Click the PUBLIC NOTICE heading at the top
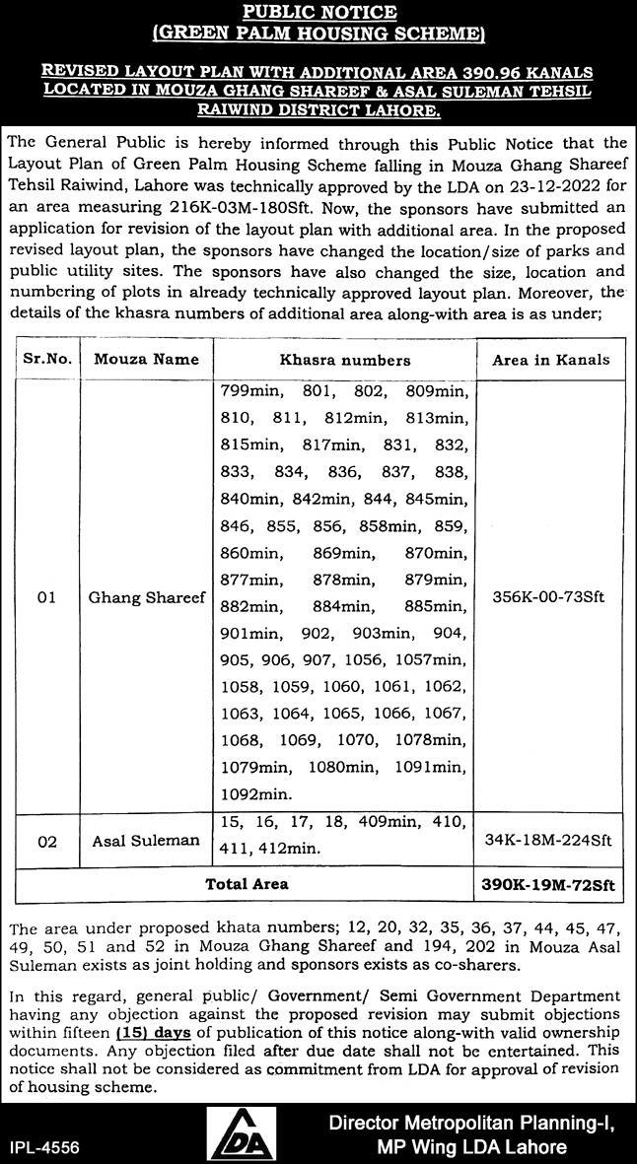coord(318,13)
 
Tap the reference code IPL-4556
coord(44,1147)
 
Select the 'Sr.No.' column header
coord(47,360)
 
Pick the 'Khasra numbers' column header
coord(344,360)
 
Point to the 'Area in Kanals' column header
coord(550,360)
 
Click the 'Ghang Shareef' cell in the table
coord(146,597)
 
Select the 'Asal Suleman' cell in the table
coord(145,841)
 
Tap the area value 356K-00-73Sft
coord(550,597)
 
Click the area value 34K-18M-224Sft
coord(550,841)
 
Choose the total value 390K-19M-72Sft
coord(550,884)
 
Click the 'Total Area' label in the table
coord(247,884)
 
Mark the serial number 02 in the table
coord(47,841)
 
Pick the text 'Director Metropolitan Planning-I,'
coord(469,1123)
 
